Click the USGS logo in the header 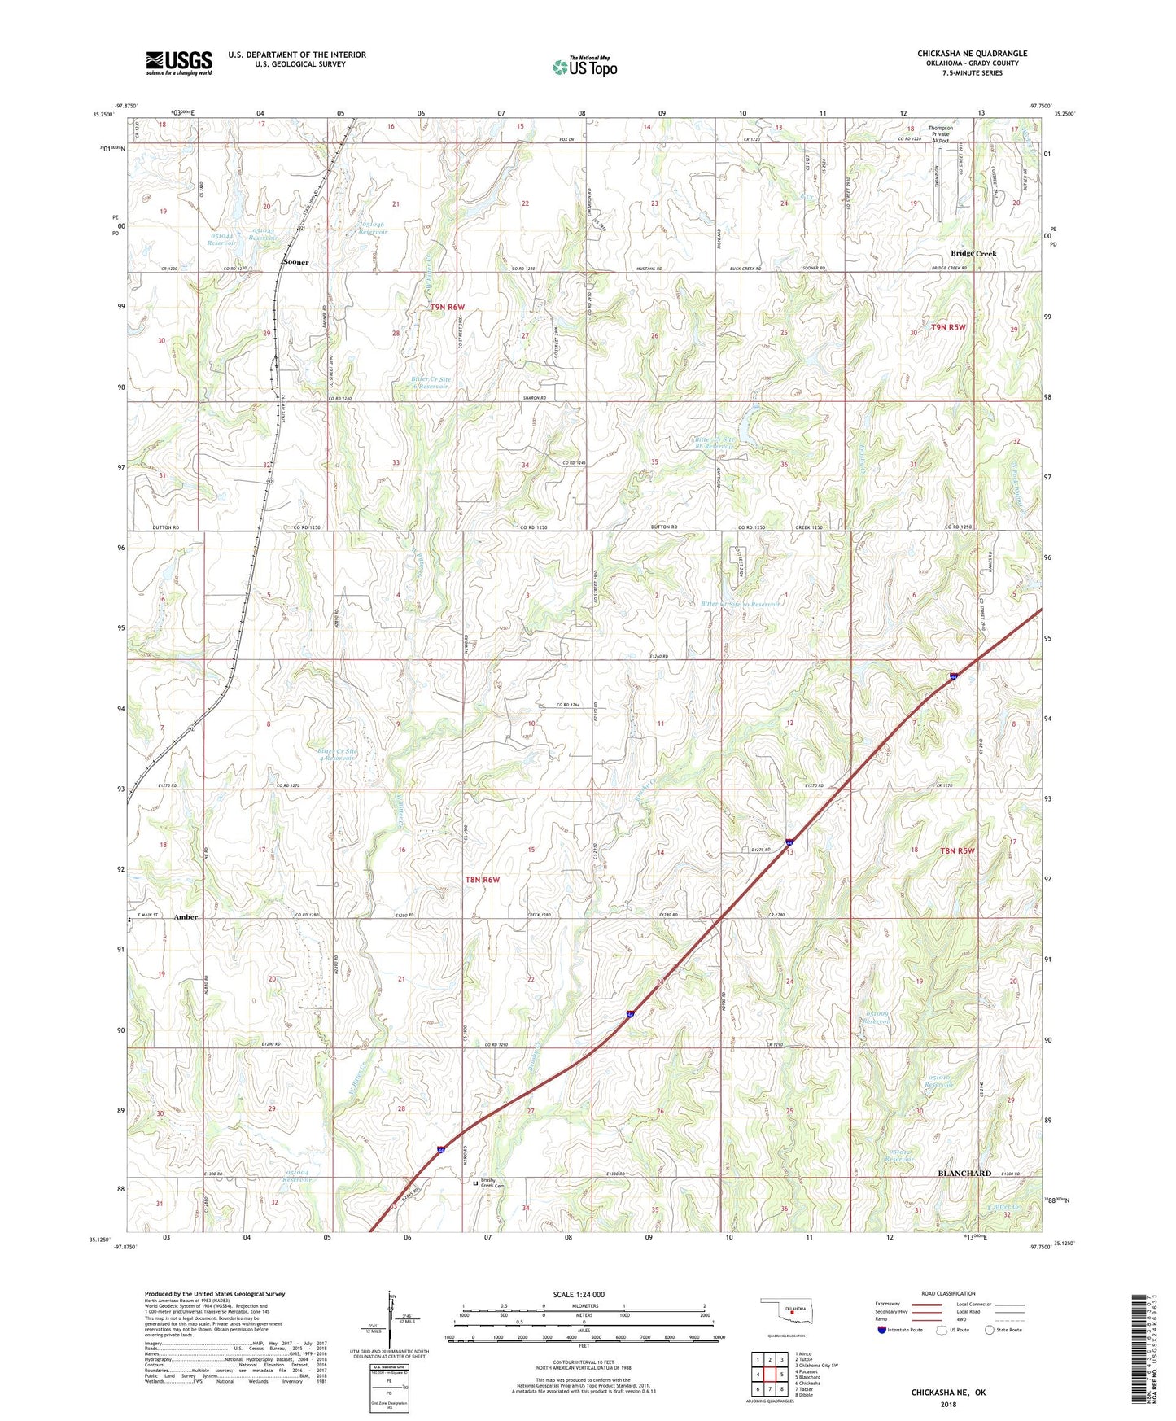pyautogui.click(x=179, y=63)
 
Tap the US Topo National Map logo pyautogui.click(x=584, y=67)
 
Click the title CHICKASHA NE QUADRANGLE pyautogui.click(x=972, y=54)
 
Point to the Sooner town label pyautogui.click(x=295, y=263)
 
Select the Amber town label pyautogui.click(x=186, y=917)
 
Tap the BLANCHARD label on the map pyautogui.click(x=964, y=1173)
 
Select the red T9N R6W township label pyautogui.click(x=447, y=307)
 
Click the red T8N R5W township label pyautogui.click(x=957, y=850)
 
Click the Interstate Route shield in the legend pyautogui.click(x=882, y=1330)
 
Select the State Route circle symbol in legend pyautogui.click(x=990, y=1330)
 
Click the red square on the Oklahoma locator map pyautogui.click(x=792, y=1311)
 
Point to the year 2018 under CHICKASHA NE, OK pyautogui.click(x=947, y=1405)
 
